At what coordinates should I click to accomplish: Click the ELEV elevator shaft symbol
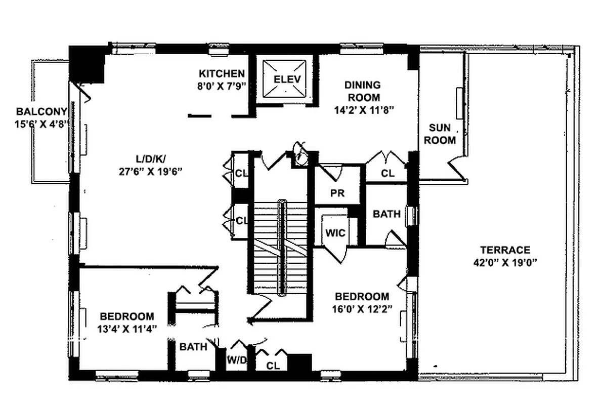coord(287,78)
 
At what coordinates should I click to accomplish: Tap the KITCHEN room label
coord(222,73)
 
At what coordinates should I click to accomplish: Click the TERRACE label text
coord(505,250)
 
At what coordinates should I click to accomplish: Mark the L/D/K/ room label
coord(148,159)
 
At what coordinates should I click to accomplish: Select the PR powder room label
coord(337,193)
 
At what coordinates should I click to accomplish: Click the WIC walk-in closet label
coord(335,233)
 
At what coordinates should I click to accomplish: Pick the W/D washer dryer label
coord(236,360)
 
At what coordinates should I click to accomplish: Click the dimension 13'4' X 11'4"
coord(126,329)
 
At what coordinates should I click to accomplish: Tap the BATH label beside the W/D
coord(193,347)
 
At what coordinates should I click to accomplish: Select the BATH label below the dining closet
coord(386,214)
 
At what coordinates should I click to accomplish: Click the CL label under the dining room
coord(387,173)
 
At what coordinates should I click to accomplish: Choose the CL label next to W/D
coord(273,364)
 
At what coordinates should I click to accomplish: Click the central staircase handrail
coord(281,248)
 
